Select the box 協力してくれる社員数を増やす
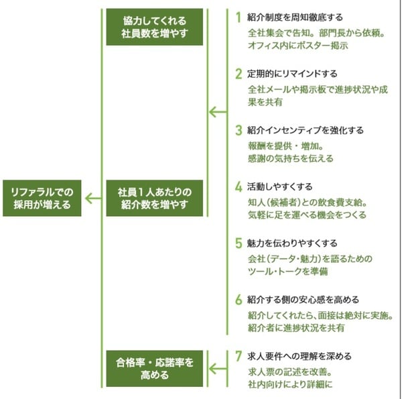pyautogui.click(x=154, y=27)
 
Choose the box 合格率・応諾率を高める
pyautogui.click(x=154, y=368)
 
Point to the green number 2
pyautogui.click(x=238, y=72)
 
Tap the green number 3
pyautogui.click(x=238, y=129)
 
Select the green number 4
pyautogui.click(x=238, y=185)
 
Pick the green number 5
pyautogui.click(x=238, y=242)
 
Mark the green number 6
pyautogui.click(x=238, y=299)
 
